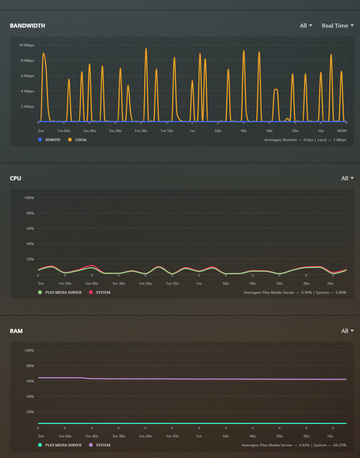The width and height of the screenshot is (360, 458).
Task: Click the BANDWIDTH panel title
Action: (x=28, y=26)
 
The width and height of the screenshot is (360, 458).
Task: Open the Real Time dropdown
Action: (x=338, y=26)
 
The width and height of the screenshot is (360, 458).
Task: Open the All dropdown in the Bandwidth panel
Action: (x=306, y=26)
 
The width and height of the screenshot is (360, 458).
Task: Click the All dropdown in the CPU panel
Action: (x=347, y=178)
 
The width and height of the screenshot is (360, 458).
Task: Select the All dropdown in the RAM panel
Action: (x=347, y=331)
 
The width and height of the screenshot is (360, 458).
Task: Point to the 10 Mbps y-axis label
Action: (x=26, y=45)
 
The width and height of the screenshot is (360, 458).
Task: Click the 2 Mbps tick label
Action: (x=28, y=106)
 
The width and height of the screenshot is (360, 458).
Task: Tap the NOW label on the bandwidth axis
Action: (x=342, y=131)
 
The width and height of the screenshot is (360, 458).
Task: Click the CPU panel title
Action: (x=16, y=178)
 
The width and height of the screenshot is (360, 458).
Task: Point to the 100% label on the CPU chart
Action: (x=29, y=198)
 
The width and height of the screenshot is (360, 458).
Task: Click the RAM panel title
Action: (x=16, y=331)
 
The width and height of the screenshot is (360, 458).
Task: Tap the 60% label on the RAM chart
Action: (x=29, y=381)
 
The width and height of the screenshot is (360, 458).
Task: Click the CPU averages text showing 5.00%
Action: (x=295, y=292)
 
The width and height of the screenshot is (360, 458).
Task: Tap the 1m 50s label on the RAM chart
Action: (x=64, y=436)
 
